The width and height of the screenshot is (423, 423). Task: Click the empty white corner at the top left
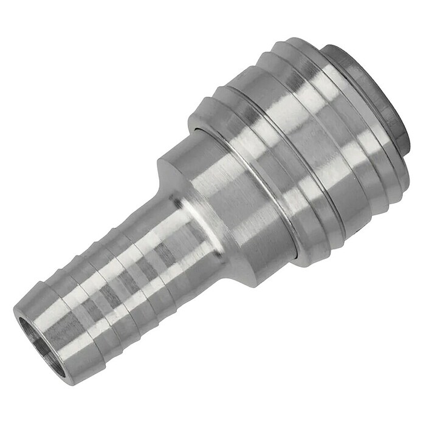click(x=24, y=24)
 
